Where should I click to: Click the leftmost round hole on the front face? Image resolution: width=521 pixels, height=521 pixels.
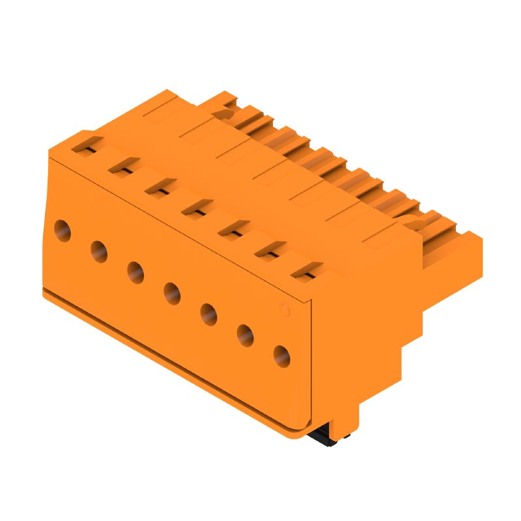point(63,230)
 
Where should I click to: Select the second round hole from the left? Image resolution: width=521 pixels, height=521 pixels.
point(99,251)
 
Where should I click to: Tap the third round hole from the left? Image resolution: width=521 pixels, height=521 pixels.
point(135,272)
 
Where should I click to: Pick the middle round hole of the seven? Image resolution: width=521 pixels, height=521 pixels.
point(172,293)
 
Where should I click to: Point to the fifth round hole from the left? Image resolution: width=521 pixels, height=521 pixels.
point(208,314)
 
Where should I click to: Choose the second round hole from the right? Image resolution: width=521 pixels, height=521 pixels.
point(245,335)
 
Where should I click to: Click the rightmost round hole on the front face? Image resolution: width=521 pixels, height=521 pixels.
point(281,356)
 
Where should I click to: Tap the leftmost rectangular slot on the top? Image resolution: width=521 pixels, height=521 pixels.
point(86,147)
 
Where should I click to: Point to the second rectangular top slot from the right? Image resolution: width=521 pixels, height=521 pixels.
point(268,251)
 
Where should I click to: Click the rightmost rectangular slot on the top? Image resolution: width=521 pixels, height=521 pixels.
point(305,272)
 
